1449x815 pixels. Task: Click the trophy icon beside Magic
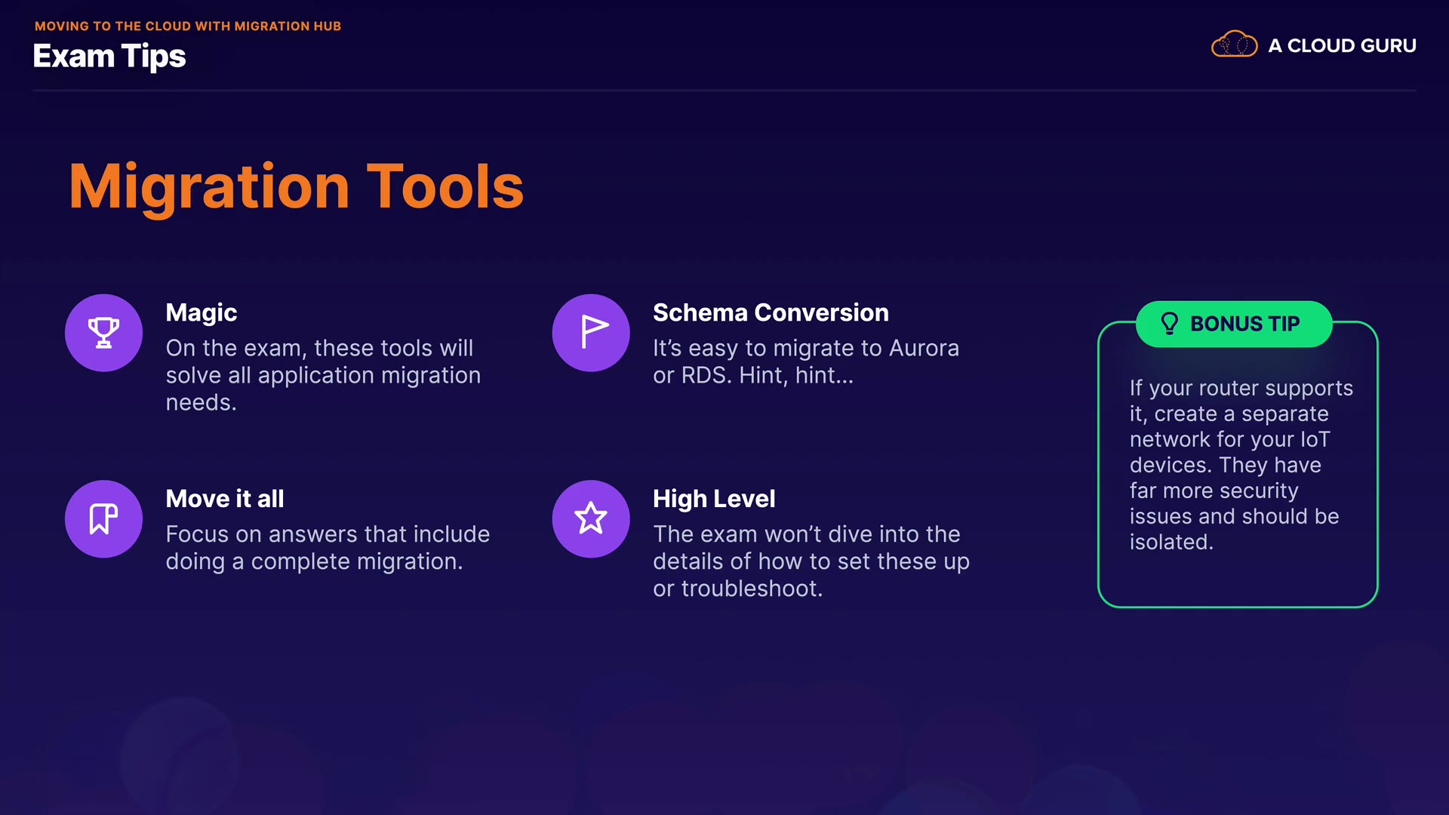coord(103,332)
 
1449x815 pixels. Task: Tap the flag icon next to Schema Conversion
coord(593,332)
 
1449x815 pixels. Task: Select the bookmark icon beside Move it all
coord(103,518)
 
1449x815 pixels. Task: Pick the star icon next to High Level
coord(591,518)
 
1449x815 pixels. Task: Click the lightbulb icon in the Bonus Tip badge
coord(1169,324)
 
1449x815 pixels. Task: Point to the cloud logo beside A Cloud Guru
coord(1234,45)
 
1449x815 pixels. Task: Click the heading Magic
coord(202,313)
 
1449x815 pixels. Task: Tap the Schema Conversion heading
coord(771,312)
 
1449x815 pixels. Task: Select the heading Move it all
coord(225,499)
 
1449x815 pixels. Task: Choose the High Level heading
coord(714,500)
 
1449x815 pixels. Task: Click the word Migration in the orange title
coord(209,187)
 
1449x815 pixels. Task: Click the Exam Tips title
coord(109,57)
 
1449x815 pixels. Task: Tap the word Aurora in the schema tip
coord(924,348)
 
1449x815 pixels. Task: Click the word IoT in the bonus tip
coord(1315,439)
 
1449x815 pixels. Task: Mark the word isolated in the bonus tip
coord(1171,542)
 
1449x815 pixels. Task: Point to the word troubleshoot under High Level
coord(752,589)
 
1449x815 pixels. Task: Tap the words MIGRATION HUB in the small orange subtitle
coord(288,26)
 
